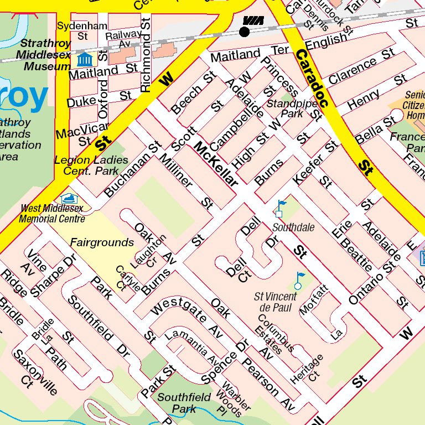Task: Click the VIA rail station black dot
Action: [x=244, y=32]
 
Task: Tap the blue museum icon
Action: [x=84, y=59]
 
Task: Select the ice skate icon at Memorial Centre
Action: [x=69, y=198]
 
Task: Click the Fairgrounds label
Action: [x=102, y=242]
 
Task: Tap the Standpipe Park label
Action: [x=285, y=108]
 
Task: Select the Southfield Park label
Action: [x=184, y=403]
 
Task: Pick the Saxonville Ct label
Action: [x=35, y=372]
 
